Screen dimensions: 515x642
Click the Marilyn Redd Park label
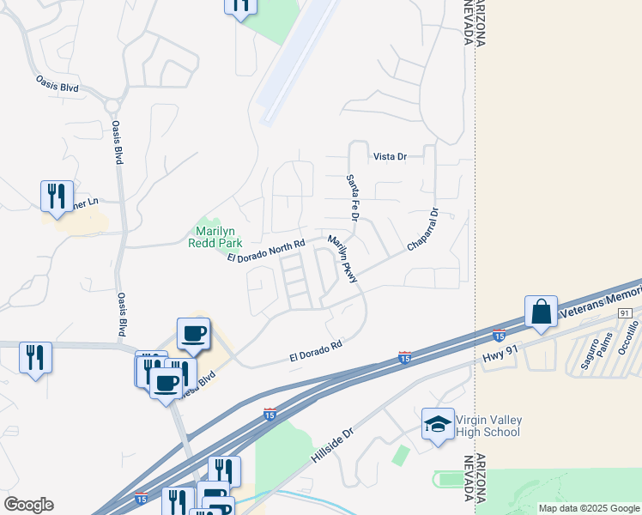(215, 237)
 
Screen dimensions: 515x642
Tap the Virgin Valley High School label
(488, 426)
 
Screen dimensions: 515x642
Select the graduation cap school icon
(438, 424)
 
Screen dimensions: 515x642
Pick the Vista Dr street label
(389, 157)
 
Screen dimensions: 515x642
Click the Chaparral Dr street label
(423, 230)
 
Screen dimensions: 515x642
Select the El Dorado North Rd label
(266, 251)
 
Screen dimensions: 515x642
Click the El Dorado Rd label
(316, 349)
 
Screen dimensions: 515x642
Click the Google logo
(28, 505)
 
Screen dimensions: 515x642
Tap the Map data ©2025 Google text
(590, 508)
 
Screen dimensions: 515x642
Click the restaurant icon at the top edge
(241, 5)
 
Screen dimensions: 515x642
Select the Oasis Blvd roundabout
(112, 106)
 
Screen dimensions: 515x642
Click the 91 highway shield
(625, 314)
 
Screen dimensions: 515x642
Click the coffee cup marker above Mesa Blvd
(193, 333)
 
